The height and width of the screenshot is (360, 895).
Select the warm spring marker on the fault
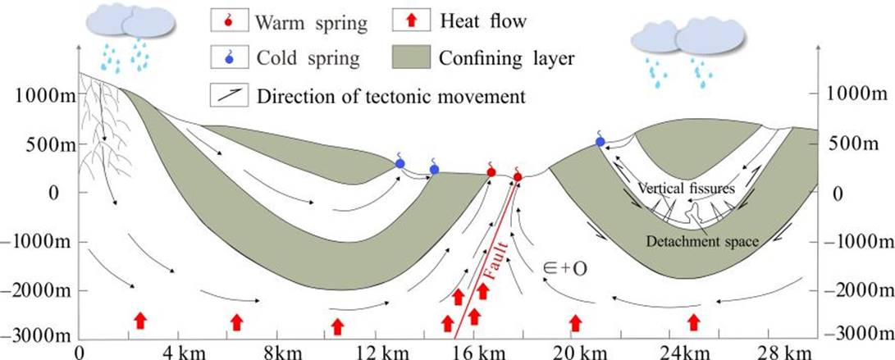[x=518, y=176]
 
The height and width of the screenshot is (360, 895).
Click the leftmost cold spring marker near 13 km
[x=400, y=163]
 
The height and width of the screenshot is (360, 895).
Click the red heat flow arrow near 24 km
[x=694, y=321]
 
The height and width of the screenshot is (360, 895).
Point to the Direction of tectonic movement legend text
[x=390, y=96]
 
